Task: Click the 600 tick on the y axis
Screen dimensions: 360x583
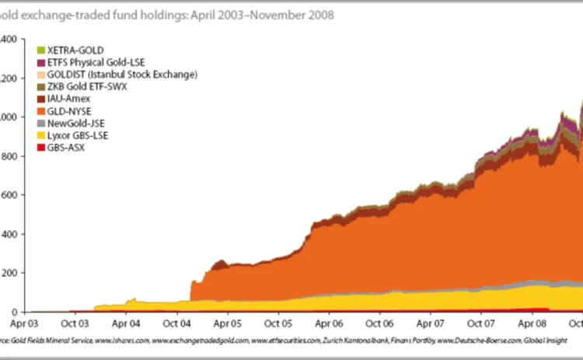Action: [x=9, y=194]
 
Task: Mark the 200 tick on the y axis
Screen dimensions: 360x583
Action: [x=9, y=273]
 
